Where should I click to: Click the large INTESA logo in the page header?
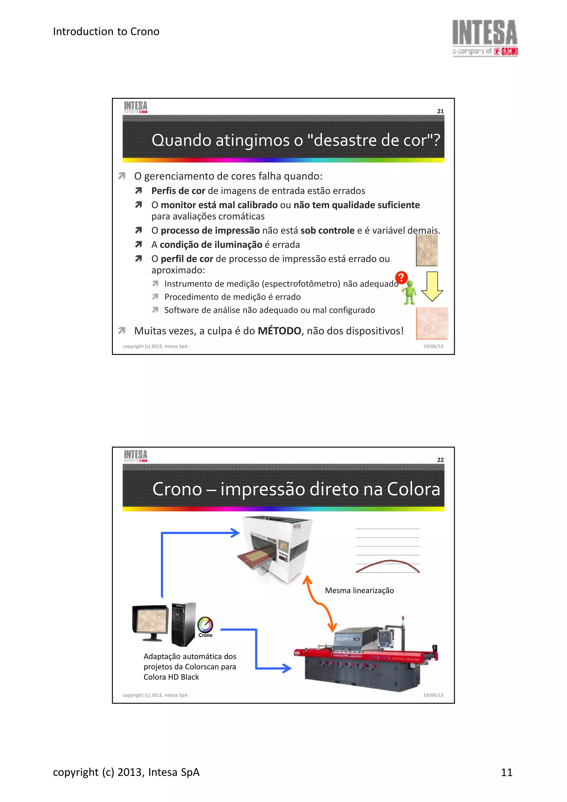[484, 37]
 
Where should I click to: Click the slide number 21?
[440, 111]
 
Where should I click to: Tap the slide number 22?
[440, 460]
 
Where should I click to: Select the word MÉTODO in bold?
[279, 331]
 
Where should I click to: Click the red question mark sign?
[401, 278]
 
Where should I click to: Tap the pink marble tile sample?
[432, 323]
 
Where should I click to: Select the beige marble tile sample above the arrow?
[427, 250]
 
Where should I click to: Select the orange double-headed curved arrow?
[320, 604]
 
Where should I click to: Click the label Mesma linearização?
[359, 590]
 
